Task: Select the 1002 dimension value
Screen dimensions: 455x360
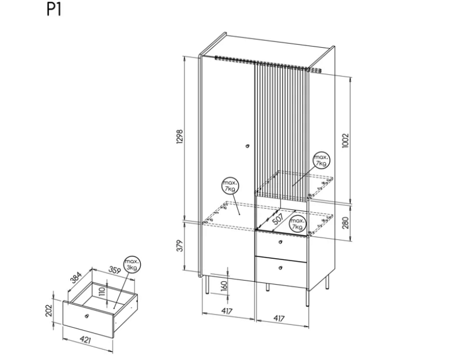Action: click(x=346, y=141)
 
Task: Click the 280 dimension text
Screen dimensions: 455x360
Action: click(x=346, y=223)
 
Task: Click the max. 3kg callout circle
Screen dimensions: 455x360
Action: click(x=132, y=265)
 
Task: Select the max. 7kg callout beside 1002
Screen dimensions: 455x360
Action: click(x=321, y=160)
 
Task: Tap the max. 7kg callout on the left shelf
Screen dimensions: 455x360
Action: click(x=229, y=186)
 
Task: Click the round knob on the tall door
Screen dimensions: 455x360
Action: click(x=247, y=145)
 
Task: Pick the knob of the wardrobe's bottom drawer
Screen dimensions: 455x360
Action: click(x=280, y=268)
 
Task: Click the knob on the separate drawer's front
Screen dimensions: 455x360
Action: click(x=87, y=316)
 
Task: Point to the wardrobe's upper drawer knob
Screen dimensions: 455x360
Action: click(x=280, y=242)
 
